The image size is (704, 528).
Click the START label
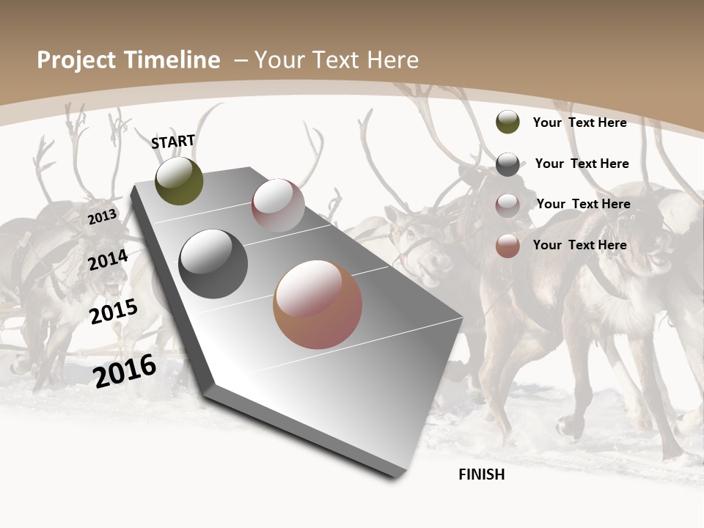pos(173,142)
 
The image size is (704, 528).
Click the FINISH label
pos(481,474)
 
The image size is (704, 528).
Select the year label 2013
pos(102,217)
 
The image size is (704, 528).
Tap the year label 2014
pos(108,260)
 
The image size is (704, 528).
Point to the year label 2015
pos(113,312)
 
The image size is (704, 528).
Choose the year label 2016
pos(125,371)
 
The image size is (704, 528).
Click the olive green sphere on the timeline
pos(179,181)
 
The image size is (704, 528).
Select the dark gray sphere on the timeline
pos(213,264)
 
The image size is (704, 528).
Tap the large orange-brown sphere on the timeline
pos(318,304)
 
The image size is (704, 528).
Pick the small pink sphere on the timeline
pos(278,205)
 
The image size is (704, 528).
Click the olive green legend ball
pos(507,122)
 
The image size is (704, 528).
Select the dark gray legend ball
pos(507,164)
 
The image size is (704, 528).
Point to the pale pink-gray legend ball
pos(507,205)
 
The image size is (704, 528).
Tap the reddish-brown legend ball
pos(507,246)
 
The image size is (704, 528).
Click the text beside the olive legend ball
pos(579,122)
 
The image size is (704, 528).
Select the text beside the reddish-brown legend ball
pos(579,245)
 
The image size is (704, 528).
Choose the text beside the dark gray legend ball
pos(582,164)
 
